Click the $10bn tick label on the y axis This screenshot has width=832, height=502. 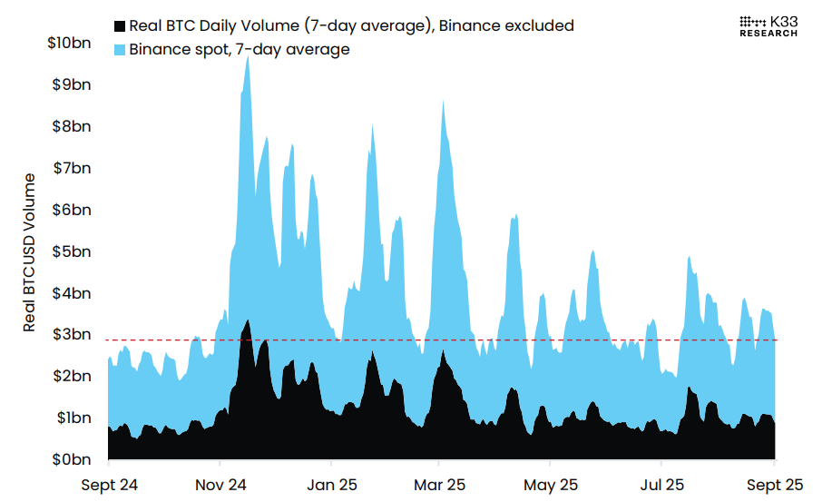(x=68, y=43)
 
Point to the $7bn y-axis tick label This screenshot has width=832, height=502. (x=72, y=168)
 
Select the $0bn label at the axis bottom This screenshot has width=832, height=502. (x=72, y=459)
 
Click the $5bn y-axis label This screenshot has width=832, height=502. (x=72, y=251)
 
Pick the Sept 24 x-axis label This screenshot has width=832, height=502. (x=109, y=485)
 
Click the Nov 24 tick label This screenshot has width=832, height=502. (x=221, y=485)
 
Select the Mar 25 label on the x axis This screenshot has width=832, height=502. (x=439, y=485)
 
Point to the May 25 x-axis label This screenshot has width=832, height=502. (x=551, y=485)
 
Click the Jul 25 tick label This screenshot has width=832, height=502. (x=661, y=485)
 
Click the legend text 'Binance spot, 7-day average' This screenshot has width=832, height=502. (x=240, y=50)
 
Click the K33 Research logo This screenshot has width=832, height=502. (x=768, y=25)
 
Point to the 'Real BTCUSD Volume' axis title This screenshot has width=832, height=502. (x=30, y=251)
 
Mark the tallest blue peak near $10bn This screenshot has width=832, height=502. (x=248, y=56)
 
